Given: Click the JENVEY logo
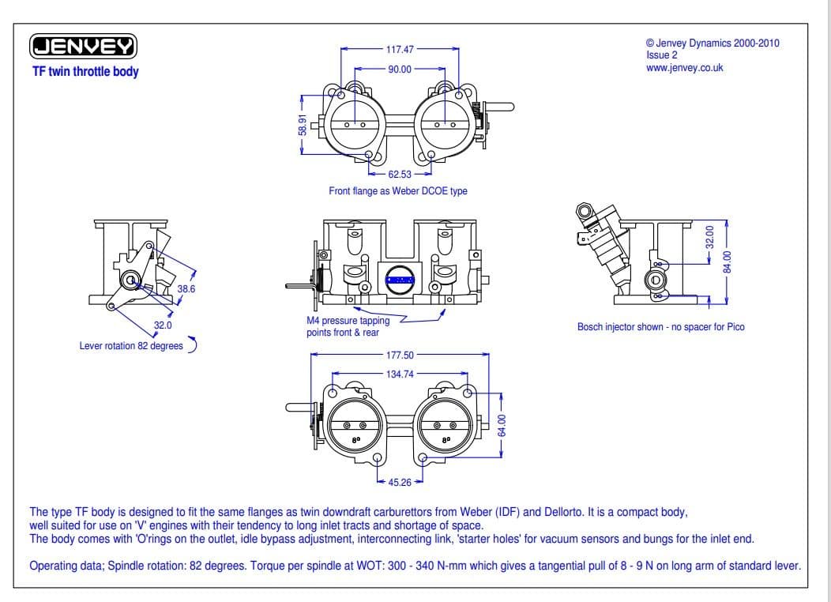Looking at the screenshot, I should click(84, 47).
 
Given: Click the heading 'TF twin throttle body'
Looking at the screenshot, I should click(85, 72).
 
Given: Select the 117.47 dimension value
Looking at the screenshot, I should click(399, 49).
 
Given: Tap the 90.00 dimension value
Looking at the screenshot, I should click(400, 70).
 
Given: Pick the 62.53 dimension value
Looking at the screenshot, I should click(400, 174).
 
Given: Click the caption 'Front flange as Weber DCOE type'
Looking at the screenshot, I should click(398, 191).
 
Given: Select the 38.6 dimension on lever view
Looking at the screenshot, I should click(186, 289).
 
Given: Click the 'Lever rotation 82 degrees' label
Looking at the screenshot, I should click(131, 345).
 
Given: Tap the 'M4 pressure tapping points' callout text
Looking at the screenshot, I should click(348, 327).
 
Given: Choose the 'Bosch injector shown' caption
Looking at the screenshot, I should click(660, 326).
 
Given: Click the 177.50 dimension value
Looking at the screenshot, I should click(400, 356).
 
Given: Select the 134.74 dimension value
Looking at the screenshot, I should click(400, 374).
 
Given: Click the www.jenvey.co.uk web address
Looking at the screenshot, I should click(684, 67).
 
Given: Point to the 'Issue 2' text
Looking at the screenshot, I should click(661, 55).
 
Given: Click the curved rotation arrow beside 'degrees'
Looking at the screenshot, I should click(193, 344).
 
